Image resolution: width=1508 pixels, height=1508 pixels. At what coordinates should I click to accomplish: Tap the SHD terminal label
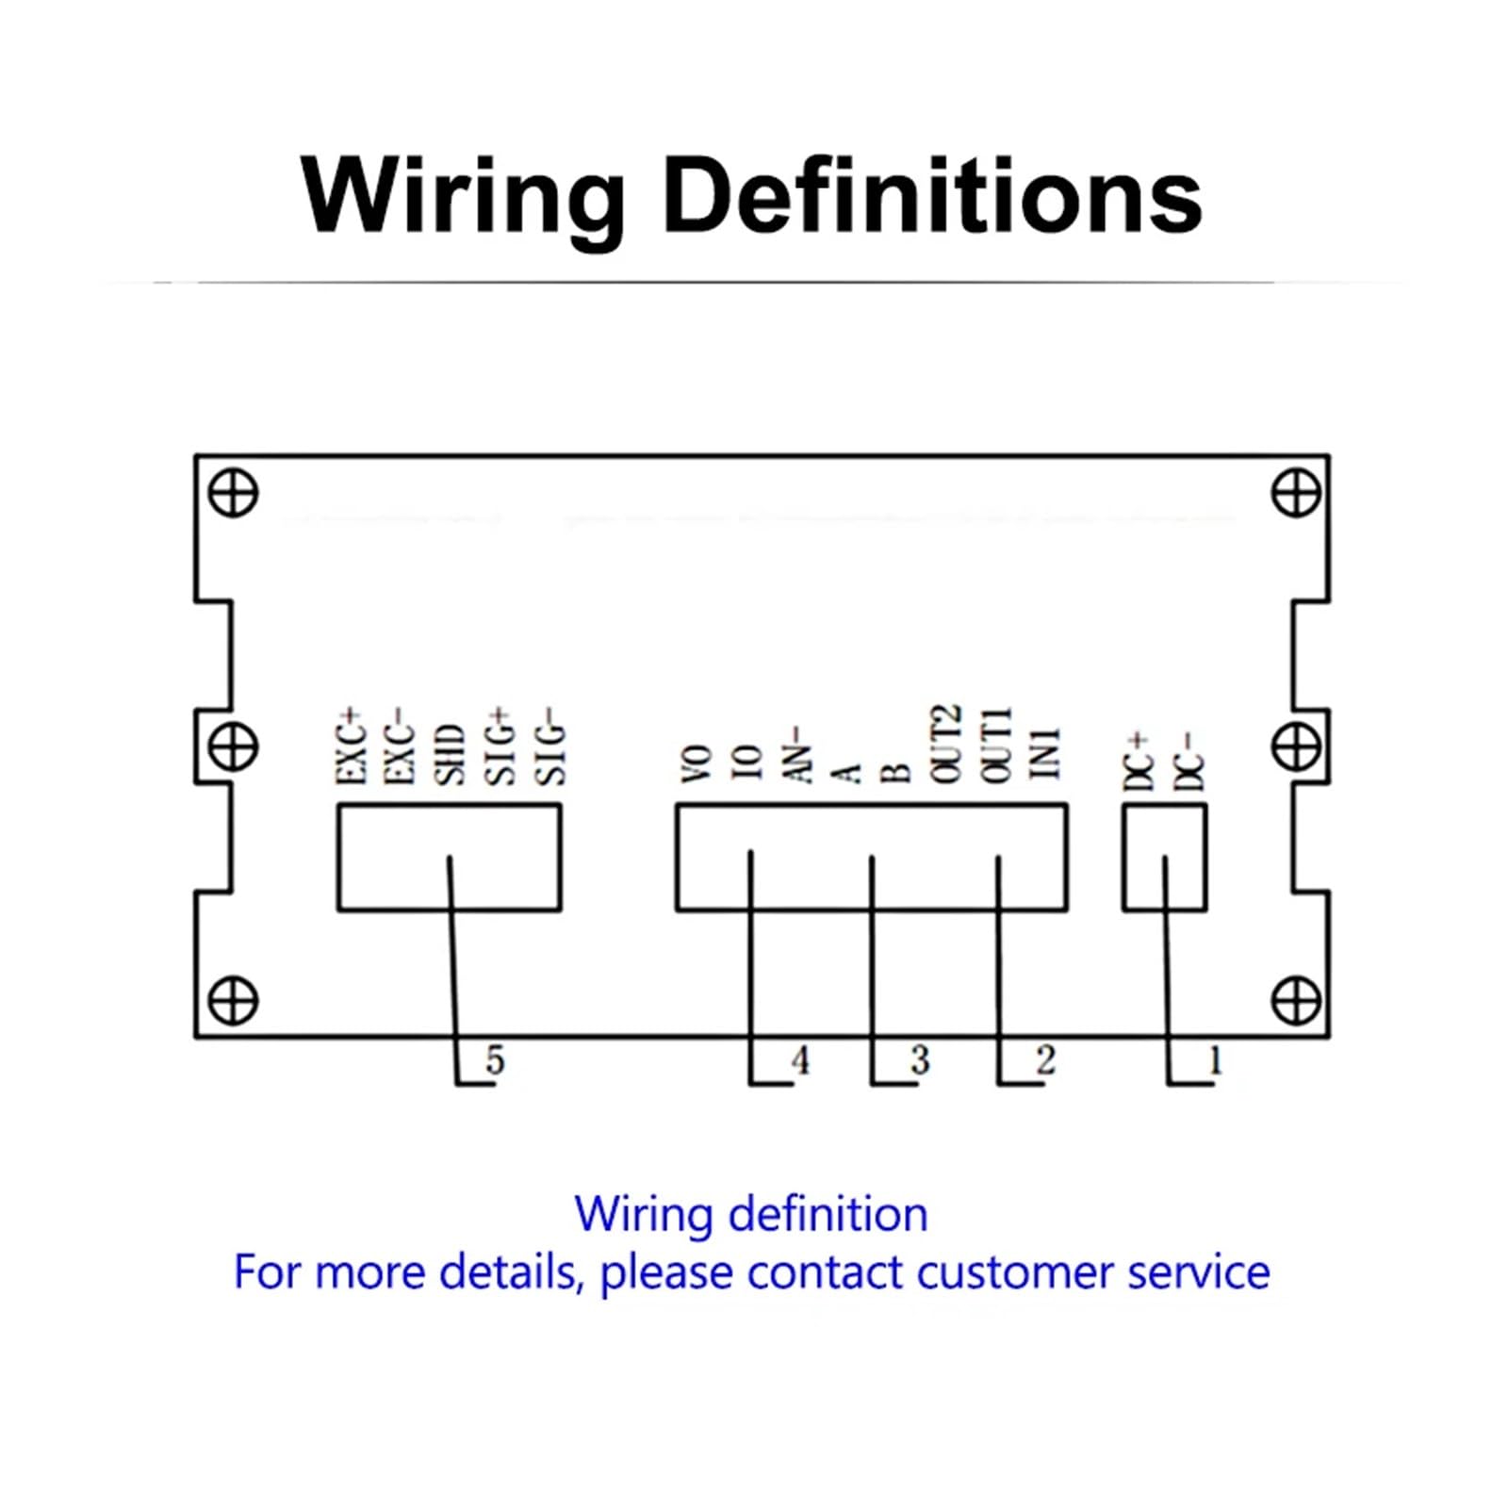point(451,755)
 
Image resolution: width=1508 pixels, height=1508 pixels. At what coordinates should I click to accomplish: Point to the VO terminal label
point(696,764)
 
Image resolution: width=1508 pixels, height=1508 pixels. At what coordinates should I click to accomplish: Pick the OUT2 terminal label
point(946,745)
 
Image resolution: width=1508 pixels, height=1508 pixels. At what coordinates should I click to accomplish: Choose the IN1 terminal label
point(1046,753)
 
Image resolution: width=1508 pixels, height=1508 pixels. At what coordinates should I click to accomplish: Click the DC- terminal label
point(1190,762)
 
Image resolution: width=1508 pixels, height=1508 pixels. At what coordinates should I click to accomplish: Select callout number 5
point(496,1061)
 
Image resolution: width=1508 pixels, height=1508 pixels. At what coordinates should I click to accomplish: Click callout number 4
point(800,1061)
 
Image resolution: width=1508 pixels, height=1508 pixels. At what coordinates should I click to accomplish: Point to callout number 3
point(921,1061)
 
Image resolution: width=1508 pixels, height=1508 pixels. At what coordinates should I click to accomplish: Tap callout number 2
point(1046,1061)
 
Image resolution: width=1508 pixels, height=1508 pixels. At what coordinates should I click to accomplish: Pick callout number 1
point(1216,1061)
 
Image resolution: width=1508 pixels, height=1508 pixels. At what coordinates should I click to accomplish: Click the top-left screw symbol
point(233,493)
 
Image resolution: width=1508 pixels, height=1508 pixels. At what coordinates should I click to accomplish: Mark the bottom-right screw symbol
point(1297,1001)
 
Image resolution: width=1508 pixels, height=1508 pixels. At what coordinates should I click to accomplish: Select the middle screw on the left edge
point(233,747)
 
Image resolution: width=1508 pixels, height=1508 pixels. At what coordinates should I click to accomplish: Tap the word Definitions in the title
point(933,196)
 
